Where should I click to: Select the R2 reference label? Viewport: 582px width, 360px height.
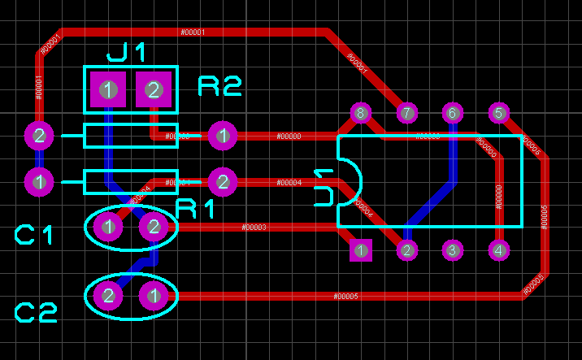pos(219,86)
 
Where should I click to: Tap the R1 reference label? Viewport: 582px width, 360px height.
pos(195,209)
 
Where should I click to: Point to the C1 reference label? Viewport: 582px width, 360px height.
pos(34,236)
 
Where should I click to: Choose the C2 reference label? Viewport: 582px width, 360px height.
pos(37,313)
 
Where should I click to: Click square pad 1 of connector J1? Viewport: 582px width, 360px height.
pos(108,89)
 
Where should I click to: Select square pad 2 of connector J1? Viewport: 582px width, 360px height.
pos(154,89)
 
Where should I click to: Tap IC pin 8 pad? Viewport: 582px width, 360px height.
pos(361,113)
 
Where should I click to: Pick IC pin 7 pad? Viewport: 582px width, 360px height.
pos(406,113)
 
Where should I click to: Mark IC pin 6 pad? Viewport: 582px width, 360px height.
pos(453,113)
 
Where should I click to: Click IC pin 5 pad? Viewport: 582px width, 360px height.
pos(498,113)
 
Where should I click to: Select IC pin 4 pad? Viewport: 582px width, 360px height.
pos(498,250)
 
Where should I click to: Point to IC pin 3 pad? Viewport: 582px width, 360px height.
pos(453,250)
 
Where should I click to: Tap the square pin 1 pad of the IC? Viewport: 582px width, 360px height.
pos(361,250)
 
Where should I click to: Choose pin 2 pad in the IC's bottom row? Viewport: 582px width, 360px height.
pos(406,250)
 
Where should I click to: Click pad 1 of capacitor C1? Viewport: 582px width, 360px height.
pos(108,227)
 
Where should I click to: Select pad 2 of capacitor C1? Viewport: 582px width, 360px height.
pos(154,227)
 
